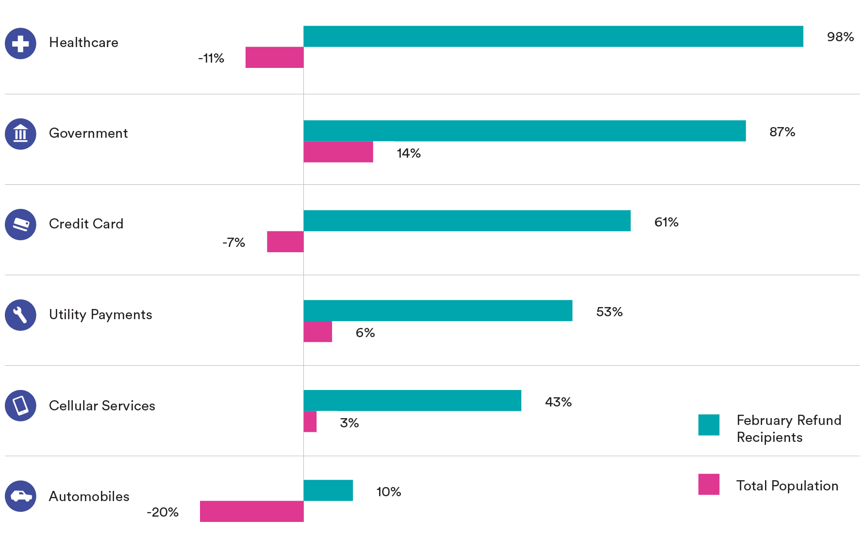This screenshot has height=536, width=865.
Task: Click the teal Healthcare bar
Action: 553,36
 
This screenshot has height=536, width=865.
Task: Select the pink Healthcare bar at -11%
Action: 274,57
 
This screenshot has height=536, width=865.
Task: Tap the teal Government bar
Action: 524,131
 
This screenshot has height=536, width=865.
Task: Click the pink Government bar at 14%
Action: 338,152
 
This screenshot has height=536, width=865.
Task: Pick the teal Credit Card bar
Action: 467,221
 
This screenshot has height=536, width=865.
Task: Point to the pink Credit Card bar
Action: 285,242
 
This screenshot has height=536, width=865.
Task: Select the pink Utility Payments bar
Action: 318,332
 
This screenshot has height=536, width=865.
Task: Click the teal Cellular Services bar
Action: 413,401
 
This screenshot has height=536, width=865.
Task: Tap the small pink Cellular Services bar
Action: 310,422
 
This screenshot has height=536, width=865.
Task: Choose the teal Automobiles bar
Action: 328,490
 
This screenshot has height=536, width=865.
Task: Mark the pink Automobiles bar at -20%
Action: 252,511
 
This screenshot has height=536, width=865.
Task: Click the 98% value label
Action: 840,37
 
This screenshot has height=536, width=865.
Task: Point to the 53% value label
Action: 609,312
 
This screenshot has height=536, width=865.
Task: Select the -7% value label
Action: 233,243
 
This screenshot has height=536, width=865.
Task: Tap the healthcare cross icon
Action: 20,44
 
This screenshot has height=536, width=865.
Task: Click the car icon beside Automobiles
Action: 20,496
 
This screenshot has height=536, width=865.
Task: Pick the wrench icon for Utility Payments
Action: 20,315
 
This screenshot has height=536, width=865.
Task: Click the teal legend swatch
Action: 709,425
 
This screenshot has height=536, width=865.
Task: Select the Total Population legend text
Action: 787,486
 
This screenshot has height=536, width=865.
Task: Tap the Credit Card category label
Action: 86,224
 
